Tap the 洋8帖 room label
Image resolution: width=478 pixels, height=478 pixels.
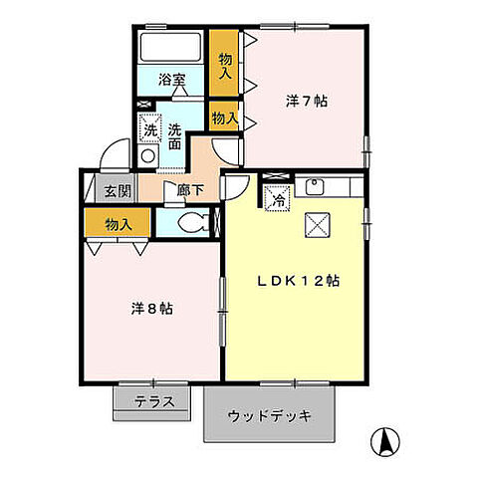[x=153, y=309]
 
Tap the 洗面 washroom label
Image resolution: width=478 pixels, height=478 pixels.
[x=174, y=136]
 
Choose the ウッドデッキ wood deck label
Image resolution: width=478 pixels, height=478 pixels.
[x=270, y=415]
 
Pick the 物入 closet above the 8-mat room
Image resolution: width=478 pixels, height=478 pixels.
[x=118, y=224]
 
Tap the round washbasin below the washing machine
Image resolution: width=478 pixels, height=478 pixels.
[x=147, y=155]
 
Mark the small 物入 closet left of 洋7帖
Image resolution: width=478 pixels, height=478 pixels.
[x=224, y=118]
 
